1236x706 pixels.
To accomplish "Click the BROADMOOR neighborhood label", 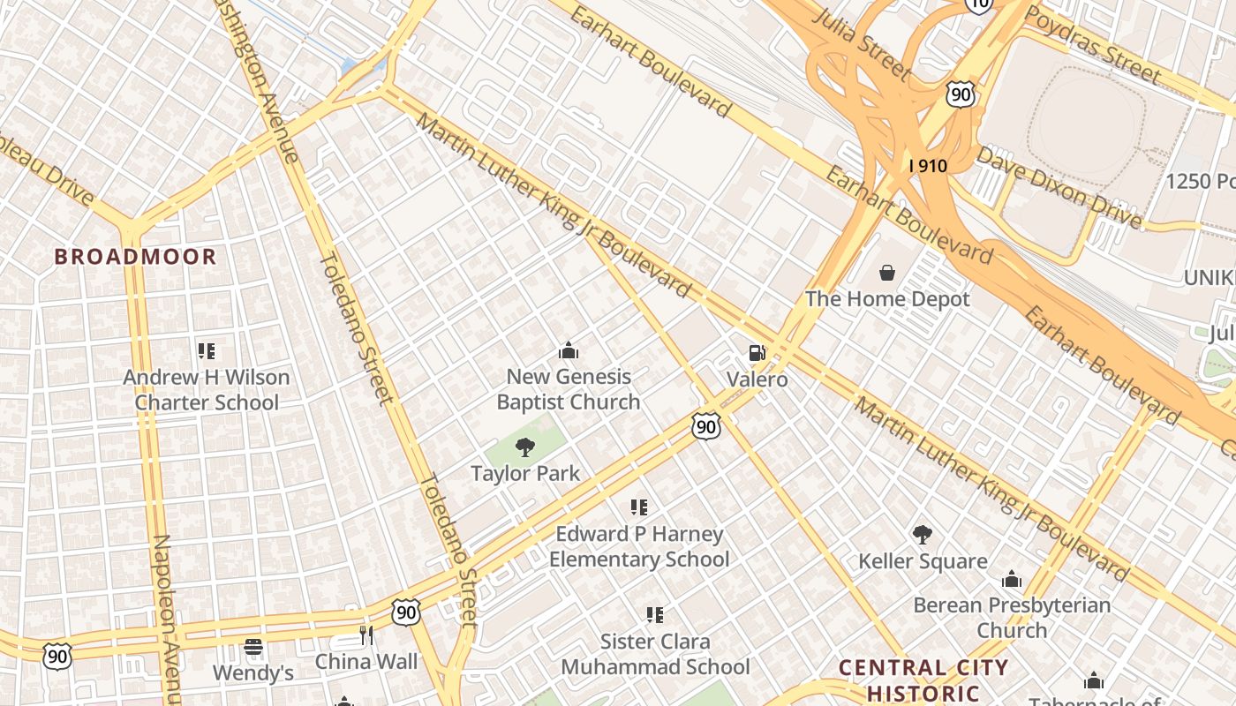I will (135, 257).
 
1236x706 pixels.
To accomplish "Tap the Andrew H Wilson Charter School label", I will (207, 390).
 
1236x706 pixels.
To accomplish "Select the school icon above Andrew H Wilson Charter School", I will (207, 351).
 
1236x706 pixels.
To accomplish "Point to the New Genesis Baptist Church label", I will (568, 389).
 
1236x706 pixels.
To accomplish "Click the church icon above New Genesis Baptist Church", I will (568, 350).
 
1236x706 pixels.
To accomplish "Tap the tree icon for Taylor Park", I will (525, 447).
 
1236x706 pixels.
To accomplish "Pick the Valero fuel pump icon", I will (757, 353).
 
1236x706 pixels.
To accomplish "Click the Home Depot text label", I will (887, 299).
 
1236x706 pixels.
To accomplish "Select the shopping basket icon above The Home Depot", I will (886, 273).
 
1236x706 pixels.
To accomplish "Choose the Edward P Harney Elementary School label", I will (639, 546).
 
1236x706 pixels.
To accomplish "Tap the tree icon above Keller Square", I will (923, 535).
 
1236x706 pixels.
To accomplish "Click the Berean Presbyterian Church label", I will (1012, 618).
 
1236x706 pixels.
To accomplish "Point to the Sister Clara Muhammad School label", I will (655, 654).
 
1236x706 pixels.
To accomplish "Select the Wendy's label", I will (253, 673).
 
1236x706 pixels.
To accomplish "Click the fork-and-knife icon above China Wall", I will (366, 635).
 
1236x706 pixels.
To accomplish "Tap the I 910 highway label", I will (928, 165).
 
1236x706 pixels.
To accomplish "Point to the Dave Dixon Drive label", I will (1059, 186).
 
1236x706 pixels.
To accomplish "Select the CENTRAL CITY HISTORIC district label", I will (923, 680).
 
